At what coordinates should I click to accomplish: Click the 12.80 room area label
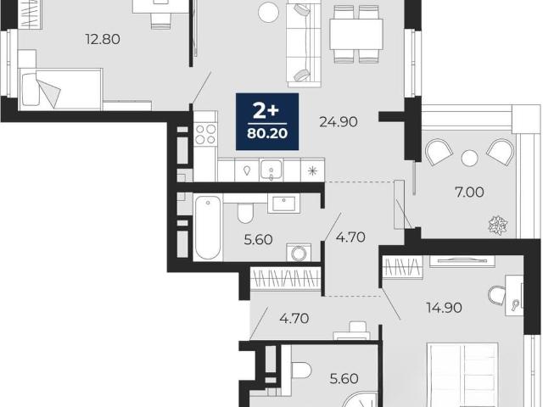click(103, 39)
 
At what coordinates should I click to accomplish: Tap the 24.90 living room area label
click(339, 122)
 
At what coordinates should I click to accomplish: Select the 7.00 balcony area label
click(469, 192)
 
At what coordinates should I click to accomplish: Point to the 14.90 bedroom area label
click(444, 307)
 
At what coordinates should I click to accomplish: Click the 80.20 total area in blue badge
click(267, 133)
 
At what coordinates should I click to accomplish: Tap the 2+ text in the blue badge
click(266, 111)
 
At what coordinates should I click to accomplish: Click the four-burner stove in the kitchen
click(205, 134)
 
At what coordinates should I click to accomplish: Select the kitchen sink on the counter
click(271, 170)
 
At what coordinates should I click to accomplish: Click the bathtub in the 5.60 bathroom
click(208, 227)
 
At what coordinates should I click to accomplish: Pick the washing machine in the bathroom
click(298, 253)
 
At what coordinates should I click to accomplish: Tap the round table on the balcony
click(469, 159)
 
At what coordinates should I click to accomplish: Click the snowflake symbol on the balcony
click(498, 225)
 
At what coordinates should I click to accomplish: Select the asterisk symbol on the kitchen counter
click(313, 170)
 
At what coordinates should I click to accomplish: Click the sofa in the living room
click(304, 44)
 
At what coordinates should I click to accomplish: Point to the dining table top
click(356, 34)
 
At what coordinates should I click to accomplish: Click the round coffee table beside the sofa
click(269, 12)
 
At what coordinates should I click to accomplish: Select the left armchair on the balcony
click(439, 152)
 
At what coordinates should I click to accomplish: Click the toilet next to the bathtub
click(245, 213)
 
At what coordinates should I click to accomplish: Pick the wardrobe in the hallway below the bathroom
click(286, 278)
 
